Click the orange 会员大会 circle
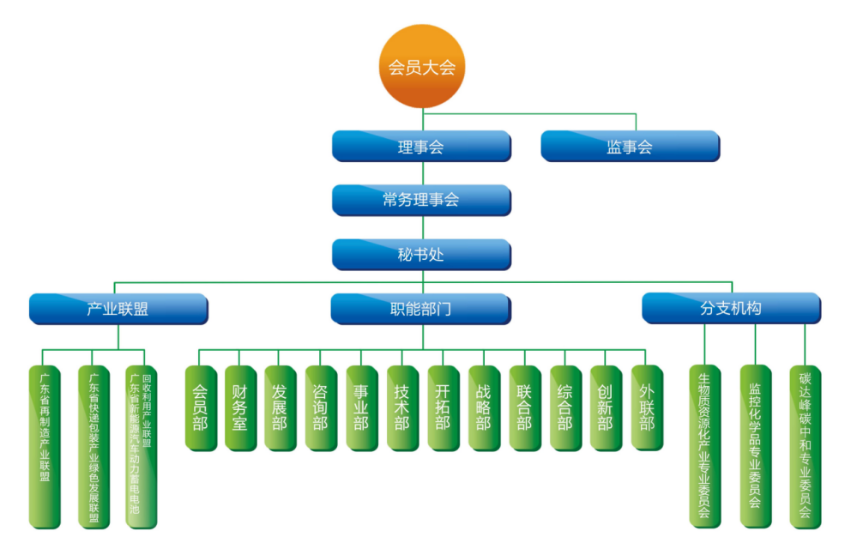[422, 67]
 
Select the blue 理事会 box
[421, 146]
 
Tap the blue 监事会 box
[630, 146]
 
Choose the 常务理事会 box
[421, 200]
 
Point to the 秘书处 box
[421, 254]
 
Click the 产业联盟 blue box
[118, 309]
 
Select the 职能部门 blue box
[420, 309]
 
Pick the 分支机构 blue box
[731, 308]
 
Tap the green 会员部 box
[201, 408]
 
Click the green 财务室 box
[241, 408]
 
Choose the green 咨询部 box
[321, 408]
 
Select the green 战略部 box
[484, 408]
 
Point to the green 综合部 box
[565, 408]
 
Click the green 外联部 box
[647, 408]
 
